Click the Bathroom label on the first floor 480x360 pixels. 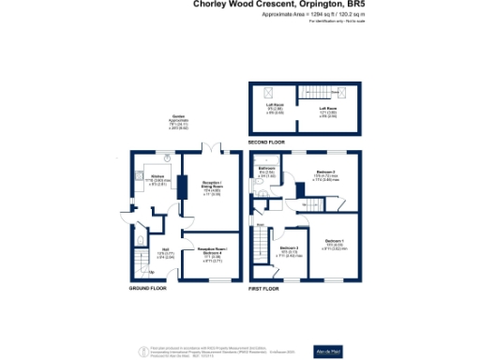(266, 169)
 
